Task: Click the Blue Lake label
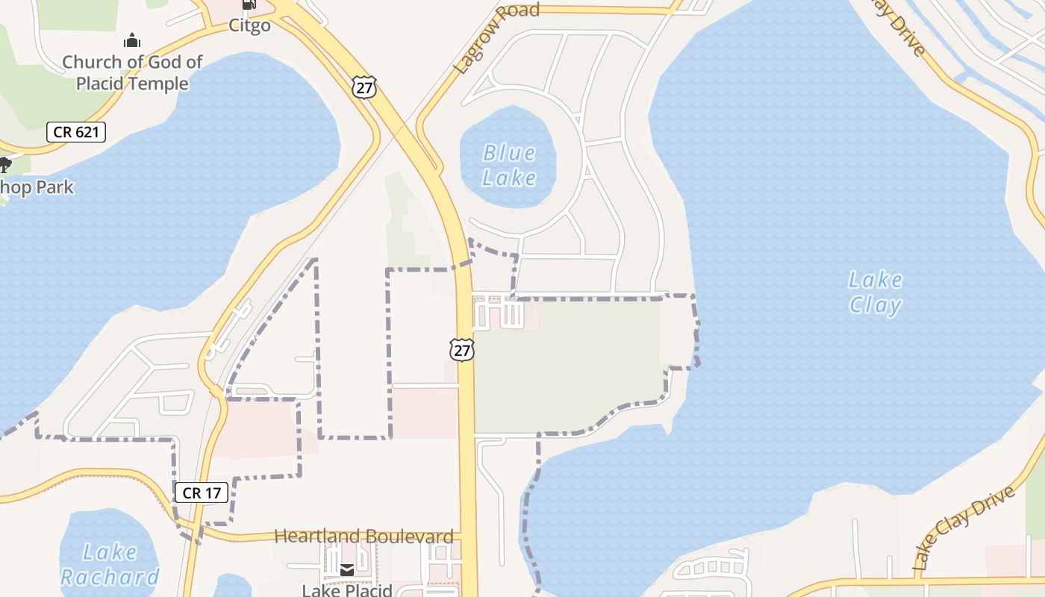click(x=509, y=165)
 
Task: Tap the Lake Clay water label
click(x=876, y=293)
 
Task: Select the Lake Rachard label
click(x=109, y=564)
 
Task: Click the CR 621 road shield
click(x=76, y=133)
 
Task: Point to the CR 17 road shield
click(x=201, y=493)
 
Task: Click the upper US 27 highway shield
click(x=364, y=87)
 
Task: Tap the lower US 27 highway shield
click(x=462, y=349)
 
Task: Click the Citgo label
click(x=249, y=26)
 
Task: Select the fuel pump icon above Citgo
click(x=249, y=4)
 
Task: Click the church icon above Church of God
click(x=132, y=40)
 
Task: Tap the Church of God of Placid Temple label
click(x=132, y=72)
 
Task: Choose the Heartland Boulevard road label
click(x=364, y=536)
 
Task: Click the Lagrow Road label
click(x=496, y=37)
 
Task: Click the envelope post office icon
click(x=347, y=570)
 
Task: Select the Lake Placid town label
click(x=347, y=590)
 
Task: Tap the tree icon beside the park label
click(x=4, y=165)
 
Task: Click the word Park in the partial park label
click(x=55, y=187)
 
